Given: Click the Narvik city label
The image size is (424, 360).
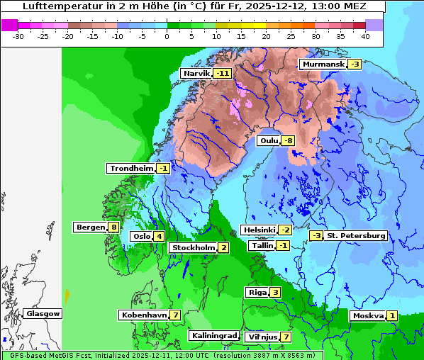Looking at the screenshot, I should pos(197,73).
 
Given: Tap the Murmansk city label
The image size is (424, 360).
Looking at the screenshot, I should pos(323,64).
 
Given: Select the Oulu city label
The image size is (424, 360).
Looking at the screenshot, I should pos(269,140).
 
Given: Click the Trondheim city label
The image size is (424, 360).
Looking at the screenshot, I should pos(131,168).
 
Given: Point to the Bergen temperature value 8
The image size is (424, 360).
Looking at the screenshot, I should pos(114,227).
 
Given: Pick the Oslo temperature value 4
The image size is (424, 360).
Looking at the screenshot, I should pos(160,236).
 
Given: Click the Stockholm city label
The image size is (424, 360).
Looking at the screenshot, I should pos(192,247).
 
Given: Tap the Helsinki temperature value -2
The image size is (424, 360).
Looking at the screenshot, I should pos(284,230).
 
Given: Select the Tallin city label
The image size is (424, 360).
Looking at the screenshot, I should pos(262,245).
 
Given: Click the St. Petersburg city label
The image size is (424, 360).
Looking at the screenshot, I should pos(356,235).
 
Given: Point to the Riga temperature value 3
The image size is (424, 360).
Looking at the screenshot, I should pos(274,292).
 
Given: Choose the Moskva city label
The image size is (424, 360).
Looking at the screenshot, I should pos(368,315).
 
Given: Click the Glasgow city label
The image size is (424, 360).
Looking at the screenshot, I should pos(43,313).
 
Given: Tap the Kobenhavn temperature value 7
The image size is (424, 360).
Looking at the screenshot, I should pos(174,315).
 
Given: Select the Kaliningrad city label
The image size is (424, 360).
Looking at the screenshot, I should pos(213,335).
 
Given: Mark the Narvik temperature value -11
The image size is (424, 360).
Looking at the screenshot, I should pos(223,73).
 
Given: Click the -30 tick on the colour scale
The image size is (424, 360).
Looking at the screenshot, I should pos(18,35).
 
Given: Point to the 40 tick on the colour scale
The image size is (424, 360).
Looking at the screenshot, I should pos(365,35).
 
